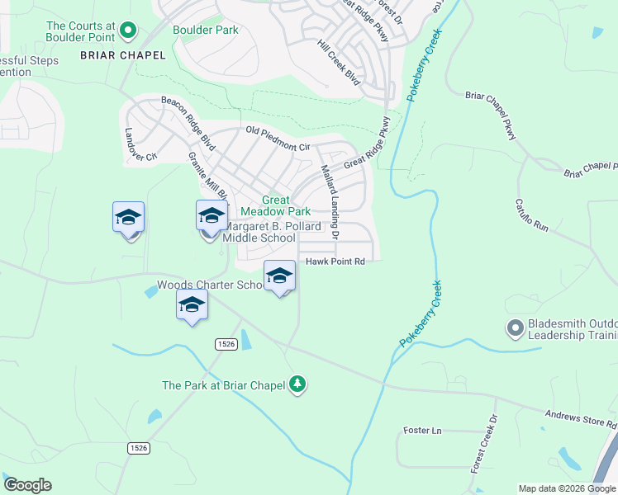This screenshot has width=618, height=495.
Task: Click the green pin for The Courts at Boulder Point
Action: pos(127,31)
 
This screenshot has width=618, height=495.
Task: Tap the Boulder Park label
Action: pos(205,31)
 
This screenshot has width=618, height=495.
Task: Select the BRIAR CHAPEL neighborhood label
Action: pos(123,55)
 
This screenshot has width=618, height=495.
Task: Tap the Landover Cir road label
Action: pos(140,144)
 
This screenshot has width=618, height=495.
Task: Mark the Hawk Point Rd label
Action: pos(335,262)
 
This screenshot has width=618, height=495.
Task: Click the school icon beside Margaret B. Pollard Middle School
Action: pos(212,216)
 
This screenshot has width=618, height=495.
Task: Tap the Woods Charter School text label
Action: pos(210,285)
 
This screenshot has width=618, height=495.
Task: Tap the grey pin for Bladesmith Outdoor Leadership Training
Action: pos(514,328)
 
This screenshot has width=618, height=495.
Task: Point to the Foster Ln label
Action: pos(422,431)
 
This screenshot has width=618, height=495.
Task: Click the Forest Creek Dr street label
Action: pos(485,444)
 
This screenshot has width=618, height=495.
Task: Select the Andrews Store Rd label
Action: pos(581,419)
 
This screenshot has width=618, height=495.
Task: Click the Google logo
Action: pos(27,485)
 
